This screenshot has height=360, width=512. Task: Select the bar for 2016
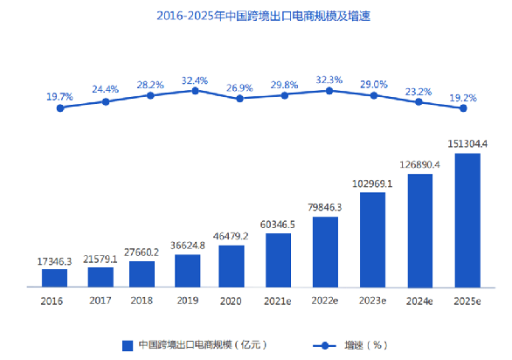tap(54, 277)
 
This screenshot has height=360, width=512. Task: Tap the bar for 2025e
tap(467, 220)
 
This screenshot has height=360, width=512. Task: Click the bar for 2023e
tap(373, 239)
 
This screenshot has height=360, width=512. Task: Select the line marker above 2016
tap(60, 107)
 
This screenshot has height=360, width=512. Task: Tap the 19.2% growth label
tap(463, 98)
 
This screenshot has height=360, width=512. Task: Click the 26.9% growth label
tap(239, 87)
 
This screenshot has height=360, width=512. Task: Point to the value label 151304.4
tap(467, 143)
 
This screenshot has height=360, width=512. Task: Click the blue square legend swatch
tap(128, 345)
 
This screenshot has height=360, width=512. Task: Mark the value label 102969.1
tap(373, 183)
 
